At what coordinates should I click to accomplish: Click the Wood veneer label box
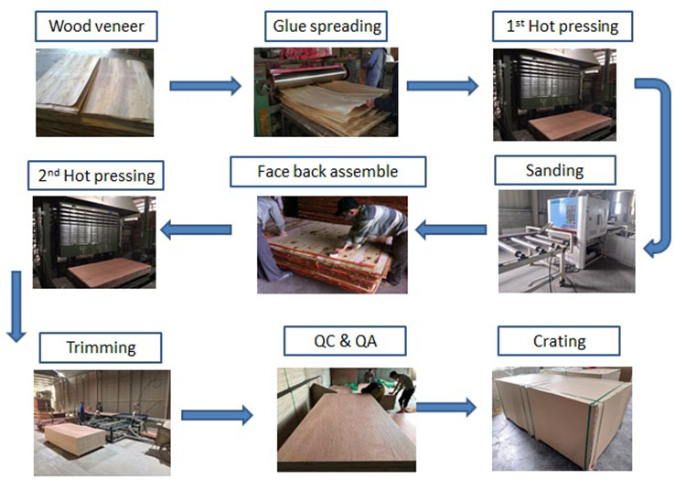point(97,26)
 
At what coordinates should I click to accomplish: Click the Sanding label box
point(554,170)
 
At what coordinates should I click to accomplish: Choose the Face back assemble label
point(327,171)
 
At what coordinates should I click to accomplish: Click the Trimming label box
point(101,347)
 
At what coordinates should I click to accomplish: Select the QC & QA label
point(346,342)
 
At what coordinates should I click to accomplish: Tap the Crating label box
point(559,341)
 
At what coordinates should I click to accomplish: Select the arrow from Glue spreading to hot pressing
point(442,86)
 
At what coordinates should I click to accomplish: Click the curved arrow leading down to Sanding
point(657,165)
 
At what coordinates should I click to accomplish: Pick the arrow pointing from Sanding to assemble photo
point(451,229)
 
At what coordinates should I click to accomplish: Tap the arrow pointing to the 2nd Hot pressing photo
point(197,229)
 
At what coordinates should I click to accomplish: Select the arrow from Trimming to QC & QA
point(217,415)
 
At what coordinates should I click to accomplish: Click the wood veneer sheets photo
point(94,91)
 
